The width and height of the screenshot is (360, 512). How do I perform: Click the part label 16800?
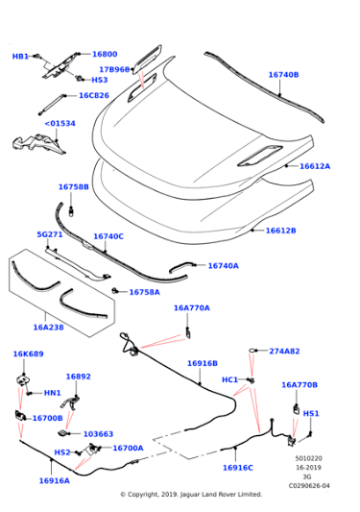pyautogui.click(x=105, y=54)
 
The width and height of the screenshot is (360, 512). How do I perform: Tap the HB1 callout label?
pyautogui.click(x=20, y=57)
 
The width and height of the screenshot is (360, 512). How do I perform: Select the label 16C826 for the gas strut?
pyautogui.click(x=94, y=95)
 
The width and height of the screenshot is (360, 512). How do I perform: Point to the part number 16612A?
pyautogui.click(x=315, y=166)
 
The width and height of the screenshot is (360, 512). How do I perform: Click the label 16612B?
pyautogui.click(x=280, y=231)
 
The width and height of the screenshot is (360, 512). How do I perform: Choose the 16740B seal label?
pyautogui.click(x=283, y=75)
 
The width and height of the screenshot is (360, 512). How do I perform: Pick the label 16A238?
pyautogui.click(x=48, y=328)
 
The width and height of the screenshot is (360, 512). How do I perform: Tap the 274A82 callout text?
pyautogui.click(x=284, y=351)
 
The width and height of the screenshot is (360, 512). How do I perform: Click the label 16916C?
pyautogui.click(x=238, y=468)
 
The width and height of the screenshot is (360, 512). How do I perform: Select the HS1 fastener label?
pyautogui.click(x=311, y=413)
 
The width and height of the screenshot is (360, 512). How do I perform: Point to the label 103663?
pyautogui.click(x=98, y=434)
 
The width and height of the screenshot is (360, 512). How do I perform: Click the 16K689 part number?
pyautogui.click(x=28, y=354)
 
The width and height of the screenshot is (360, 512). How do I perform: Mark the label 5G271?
pyautogui.click(x=50, y=234)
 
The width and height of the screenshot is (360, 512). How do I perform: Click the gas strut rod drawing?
pyautogui.click(x=51, y=105)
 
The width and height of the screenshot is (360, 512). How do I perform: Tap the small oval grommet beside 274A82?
pyautogui.click(x=252, y=351)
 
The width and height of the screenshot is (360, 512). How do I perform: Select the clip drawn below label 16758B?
pyautogui.click(x=71, y=210)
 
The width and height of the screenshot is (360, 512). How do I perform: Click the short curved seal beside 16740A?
pyautogui.click(x=180, y=266)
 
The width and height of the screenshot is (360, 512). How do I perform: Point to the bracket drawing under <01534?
pyautogui.click(x=38, y=144)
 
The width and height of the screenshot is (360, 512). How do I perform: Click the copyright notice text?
pyautogui.click(x=191, y=495)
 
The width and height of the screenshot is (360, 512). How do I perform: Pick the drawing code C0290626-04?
pyautogui.click(x=309, y=486)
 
